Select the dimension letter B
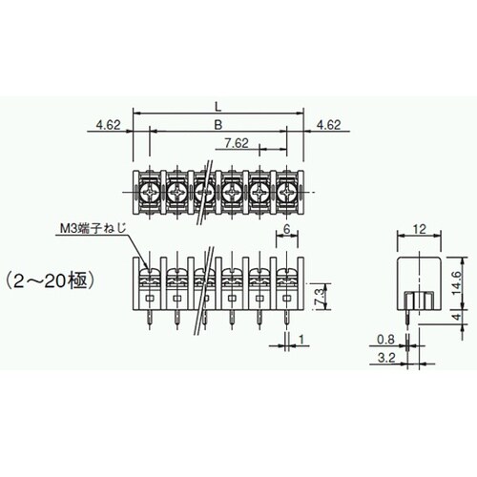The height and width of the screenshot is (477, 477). [x=218, y=124]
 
